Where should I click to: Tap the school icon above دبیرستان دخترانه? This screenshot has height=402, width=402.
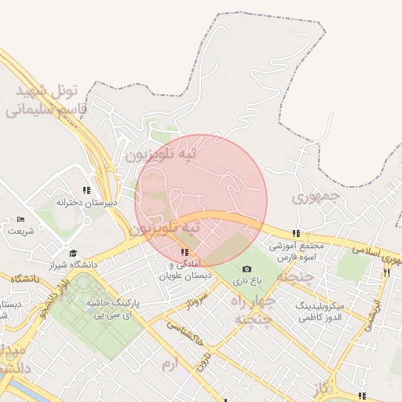pyautogui.click(x=86, y=190)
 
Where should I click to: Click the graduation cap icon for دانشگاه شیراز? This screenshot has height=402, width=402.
pyautogui.click(x=74, y=253)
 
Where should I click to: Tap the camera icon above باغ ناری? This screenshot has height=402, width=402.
pyautogui.click(x=247, y=269)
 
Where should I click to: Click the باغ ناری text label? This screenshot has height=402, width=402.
pyautogui.click(x=247, y=280)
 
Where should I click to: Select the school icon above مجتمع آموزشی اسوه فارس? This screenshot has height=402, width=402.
pyautogui.click(x=296, y=233)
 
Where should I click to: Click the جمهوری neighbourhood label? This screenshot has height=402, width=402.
pyautogui.click(x=317, y=196)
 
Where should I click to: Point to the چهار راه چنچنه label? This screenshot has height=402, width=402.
pyautogui.click(x=252, y=310)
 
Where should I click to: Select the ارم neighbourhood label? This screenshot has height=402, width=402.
pyautogui.click(x=170, y=365)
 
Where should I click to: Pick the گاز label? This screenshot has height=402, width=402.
pyautogui.click(x=321, y=389)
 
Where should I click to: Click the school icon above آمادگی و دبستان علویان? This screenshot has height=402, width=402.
pyautogui.click(x=184, y=252)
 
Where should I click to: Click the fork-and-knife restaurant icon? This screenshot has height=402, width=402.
pyautogui.click(x=387, y=272)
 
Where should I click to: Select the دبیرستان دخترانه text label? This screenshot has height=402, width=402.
pyautogui.click(x=86, y=203)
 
